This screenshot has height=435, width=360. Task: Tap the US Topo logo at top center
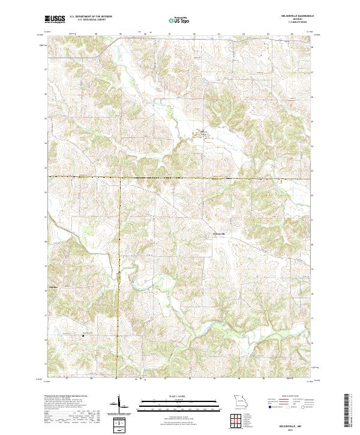tap(180, 20)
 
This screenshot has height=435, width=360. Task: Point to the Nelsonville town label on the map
tap(219, 233)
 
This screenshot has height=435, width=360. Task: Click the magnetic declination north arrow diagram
tap(121, 406)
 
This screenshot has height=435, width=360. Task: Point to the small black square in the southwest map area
tap(82, 335)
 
